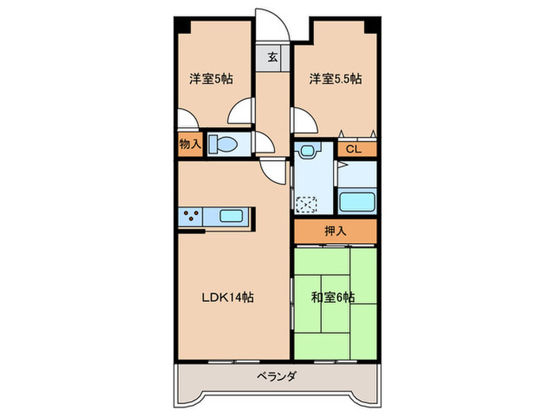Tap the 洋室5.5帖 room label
point(335,79)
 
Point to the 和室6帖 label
point(333,298)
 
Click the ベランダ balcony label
point(277,377)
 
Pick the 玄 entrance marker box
point(272,58)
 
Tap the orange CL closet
point(354,147)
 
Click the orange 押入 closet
point(335,231)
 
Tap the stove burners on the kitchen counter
point(190,215)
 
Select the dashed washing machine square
point(306,203)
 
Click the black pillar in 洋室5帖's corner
point(182,24)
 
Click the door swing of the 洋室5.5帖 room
point(303,120)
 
